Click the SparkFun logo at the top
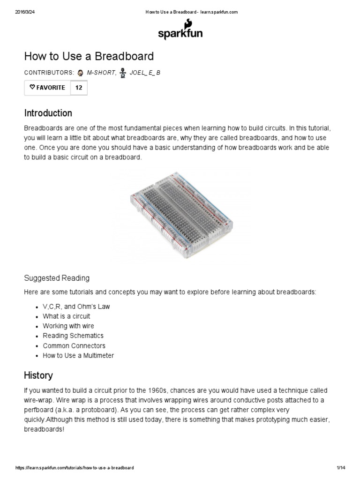180,31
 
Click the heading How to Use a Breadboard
89,57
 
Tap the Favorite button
47,88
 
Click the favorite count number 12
79,88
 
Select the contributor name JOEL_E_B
145,73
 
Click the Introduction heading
48,113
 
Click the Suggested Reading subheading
56,278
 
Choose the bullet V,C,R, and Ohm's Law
76,307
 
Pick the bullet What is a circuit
66,316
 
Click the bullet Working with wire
68,326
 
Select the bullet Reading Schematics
73,336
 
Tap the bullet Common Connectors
74,346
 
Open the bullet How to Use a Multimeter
78,356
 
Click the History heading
38,375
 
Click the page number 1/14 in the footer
341,468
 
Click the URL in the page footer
75,468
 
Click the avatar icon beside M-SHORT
81,73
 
